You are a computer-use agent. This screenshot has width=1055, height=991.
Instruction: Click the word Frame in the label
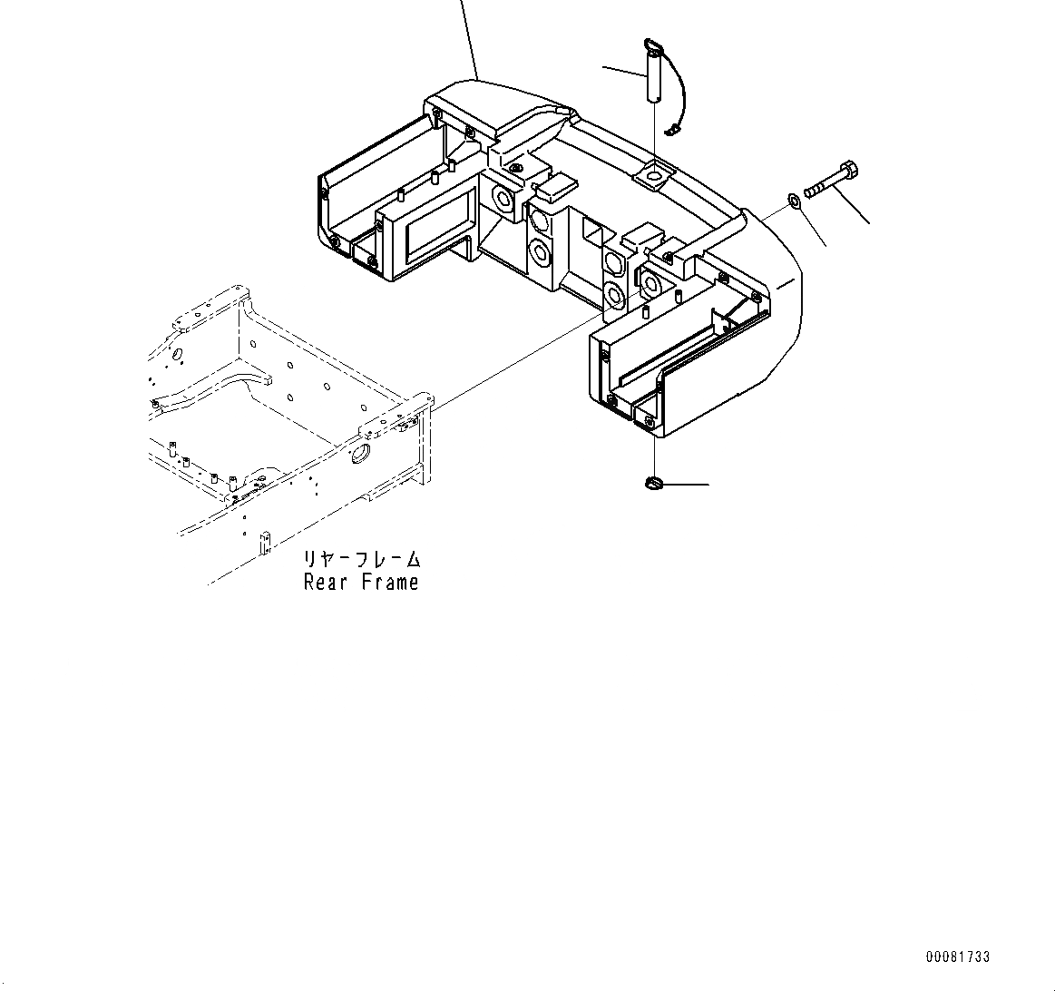(390, 583)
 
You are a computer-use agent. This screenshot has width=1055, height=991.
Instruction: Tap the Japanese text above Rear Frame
(361, 560)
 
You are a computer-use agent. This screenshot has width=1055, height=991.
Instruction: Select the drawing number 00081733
(958, 957)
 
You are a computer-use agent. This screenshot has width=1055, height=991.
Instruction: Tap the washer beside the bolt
(792, 198)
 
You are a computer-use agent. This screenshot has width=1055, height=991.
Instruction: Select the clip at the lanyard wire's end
(672, 132)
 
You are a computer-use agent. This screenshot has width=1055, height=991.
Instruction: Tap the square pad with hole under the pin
(654, 175)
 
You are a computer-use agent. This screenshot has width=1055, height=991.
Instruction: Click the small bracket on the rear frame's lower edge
(265, 543)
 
